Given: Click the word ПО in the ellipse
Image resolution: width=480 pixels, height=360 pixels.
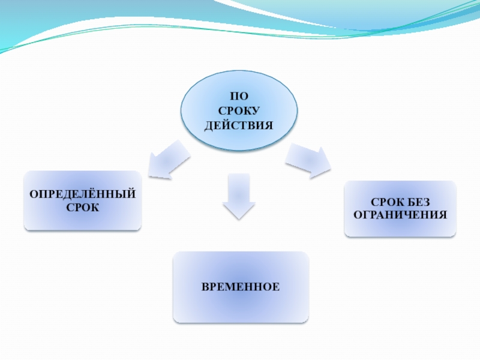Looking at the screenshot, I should (239, 96).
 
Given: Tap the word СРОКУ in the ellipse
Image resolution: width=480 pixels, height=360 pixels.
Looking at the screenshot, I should (239, 111).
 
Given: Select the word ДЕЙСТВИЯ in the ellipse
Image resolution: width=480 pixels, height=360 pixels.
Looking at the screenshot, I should (239, 126).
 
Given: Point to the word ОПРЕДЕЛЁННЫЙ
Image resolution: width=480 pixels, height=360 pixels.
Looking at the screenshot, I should (83, 195).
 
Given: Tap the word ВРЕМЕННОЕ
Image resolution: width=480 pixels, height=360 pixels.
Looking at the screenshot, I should (241, 287).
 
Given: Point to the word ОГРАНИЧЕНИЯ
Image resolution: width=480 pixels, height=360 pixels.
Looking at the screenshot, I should (400, 214).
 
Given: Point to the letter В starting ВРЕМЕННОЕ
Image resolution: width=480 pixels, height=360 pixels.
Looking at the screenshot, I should (205, 287).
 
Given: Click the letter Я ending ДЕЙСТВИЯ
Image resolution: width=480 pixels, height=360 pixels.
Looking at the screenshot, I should (269, 126).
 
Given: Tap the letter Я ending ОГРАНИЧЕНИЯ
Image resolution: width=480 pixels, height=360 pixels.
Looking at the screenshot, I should (443, 214).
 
